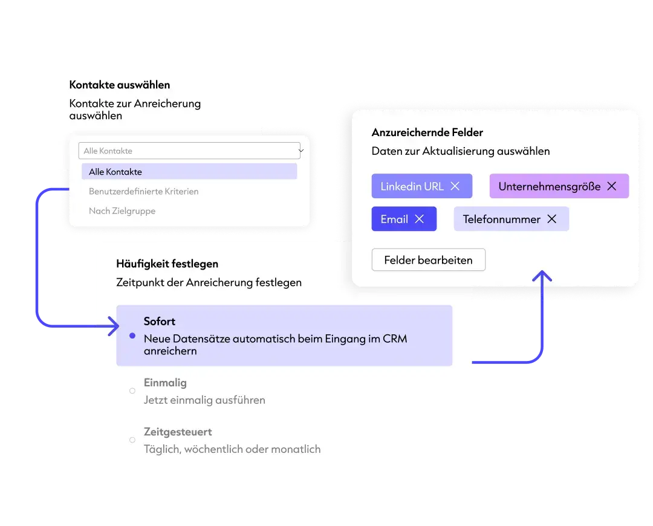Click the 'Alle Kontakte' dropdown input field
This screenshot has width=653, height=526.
click(x=189, y=151)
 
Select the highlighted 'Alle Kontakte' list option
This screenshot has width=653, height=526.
click(x=189, y=172)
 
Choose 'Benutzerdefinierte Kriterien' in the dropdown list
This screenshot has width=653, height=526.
click(x=144, y=192)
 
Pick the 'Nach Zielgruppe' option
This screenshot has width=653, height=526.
click(x=122, y=211)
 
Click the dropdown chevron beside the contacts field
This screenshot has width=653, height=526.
click(x=301, y=151)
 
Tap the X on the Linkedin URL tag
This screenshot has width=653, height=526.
click(x=455, y=186)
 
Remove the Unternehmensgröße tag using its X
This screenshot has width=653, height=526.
click(x=612, y=186)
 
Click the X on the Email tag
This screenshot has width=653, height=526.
click(x=420, y=219)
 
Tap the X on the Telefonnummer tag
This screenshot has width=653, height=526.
click(x=552, y=219)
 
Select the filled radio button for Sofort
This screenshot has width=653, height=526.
click(x=132, y=336)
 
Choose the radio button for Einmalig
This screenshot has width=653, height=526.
click(x=132, y=391)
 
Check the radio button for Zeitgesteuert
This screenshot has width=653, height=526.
click(x=132, y=440)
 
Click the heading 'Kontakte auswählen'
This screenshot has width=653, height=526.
click(x=120, y=85)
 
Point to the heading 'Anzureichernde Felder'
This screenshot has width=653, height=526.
click(x=427, y=132)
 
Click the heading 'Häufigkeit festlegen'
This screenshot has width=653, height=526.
click(x=167, y=264)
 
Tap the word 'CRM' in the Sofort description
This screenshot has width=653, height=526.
click(x=395, y=339)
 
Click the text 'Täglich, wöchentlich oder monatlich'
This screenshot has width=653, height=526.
click(x=232, y=449)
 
